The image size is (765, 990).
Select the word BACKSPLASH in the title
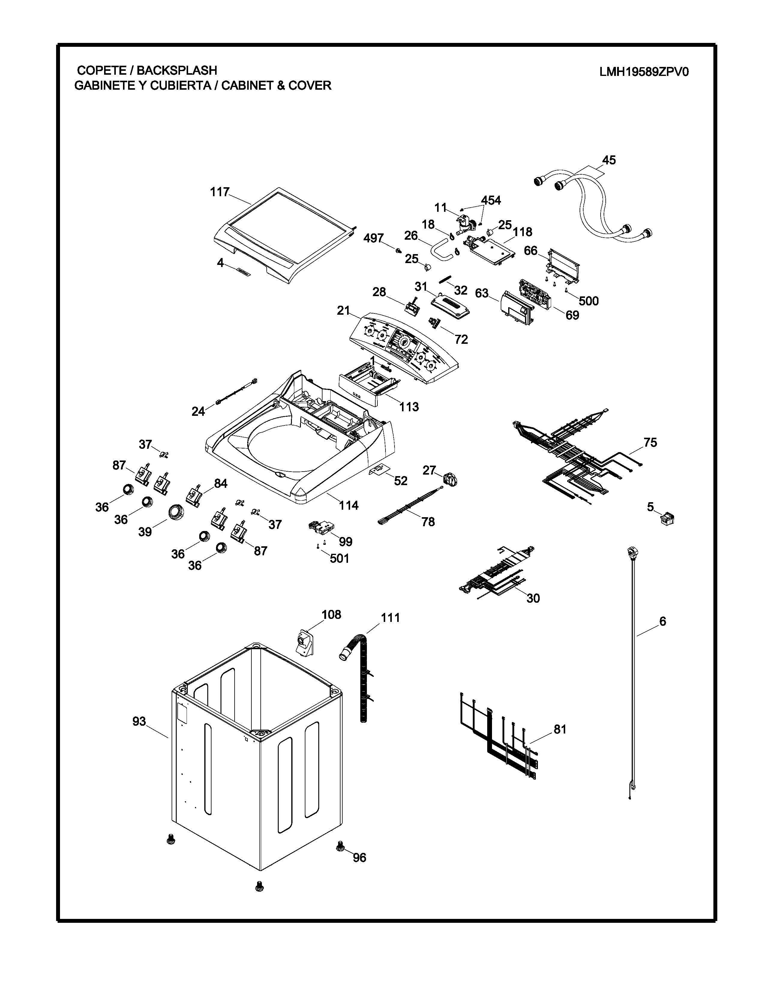coord(177,70)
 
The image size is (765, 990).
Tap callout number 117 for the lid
coord(219,192)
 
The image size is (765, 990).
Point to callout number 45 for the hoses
coord(609,160)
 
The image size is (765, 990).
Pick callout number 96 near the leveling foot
coord(359,858)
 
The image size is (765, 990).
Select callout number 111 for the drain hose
coord(390,617)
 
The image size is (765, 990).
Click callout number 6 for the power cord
coord(662,622)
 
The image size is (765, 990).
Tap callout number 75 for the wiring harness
coord(650,442)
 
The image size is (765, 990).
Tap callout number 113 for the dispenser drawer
coord(409,406)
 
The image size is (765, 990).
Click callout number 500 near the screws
coord(588,301)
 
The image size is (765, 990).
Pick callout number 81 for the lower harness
coord(560,729)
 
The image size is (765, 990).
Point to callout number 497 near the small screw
coord(373,238)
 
